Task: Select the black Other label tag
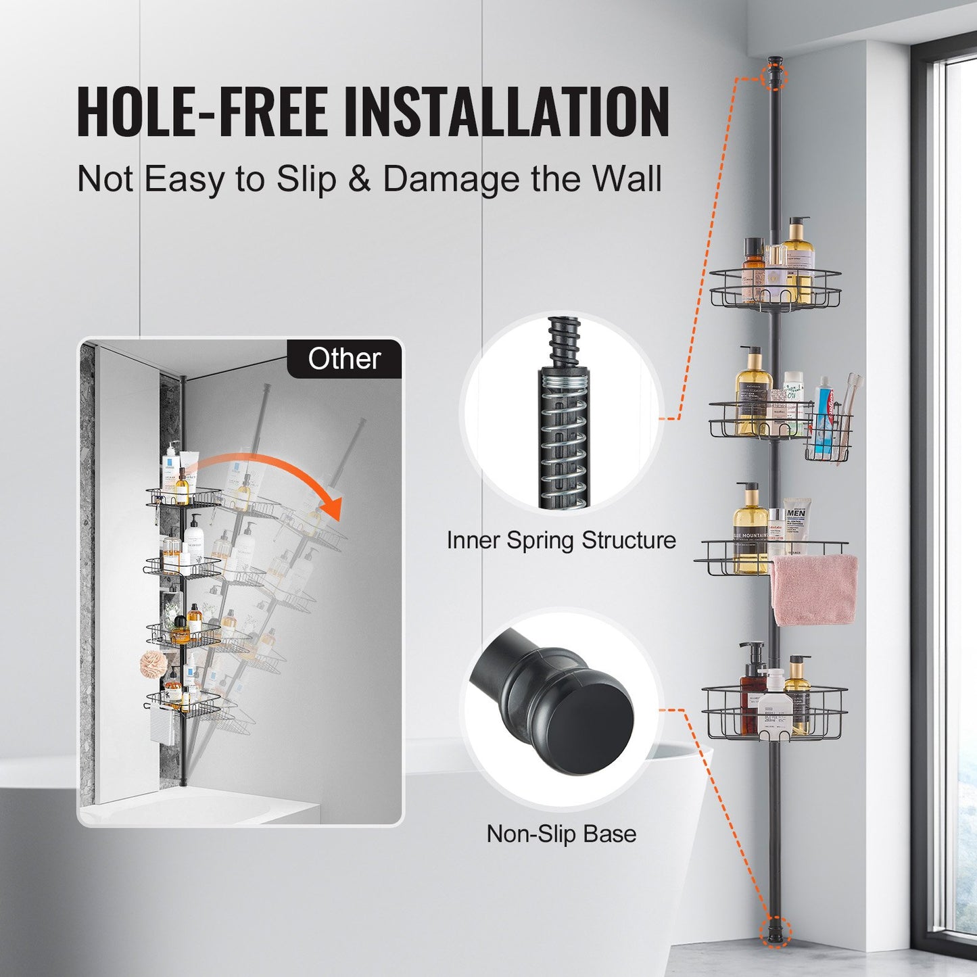coord(344,359)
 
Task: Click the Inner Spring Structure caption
coord(561,540)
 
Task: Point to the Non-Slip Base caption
coord(561,834)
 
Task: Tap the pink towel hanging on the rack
coord(814,590)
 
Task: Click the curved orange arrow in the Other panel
coord(270,473)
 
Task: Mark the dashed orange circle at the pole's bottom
coord(775,931)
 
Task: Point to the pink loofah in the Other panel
coord(153,663)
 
